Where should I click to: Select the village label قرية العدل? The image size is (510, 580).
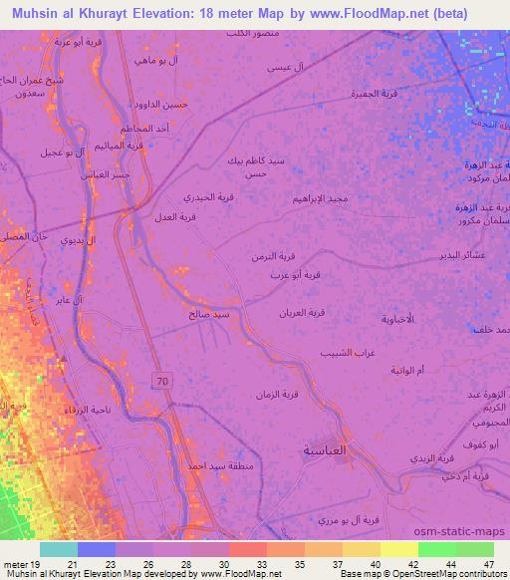pos(175,217)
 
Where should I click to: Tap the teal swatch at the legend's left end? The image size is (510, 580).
pos(58,549)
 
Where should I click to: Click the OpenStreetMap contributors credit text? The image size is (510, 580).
pos(458,573)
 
